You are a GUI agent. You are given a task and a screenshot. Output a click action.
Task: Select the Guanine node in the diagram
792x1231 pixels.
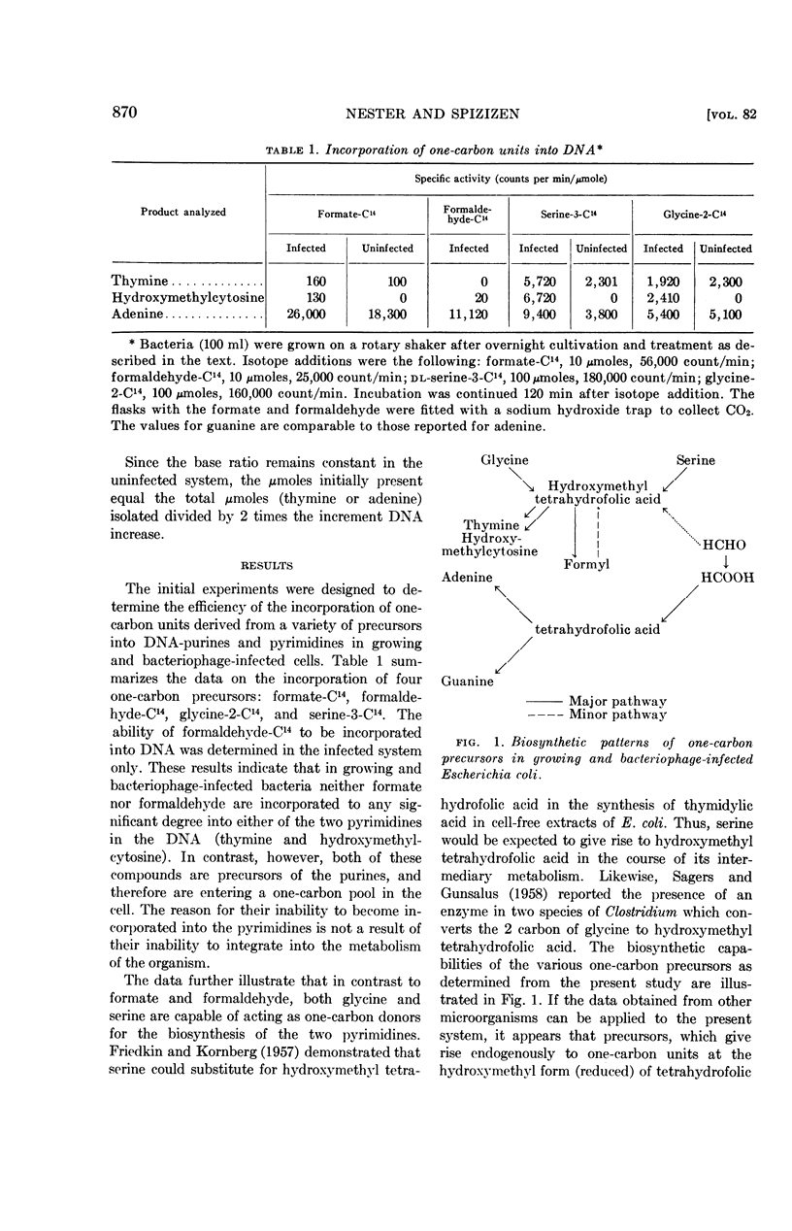coord(468,682)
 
